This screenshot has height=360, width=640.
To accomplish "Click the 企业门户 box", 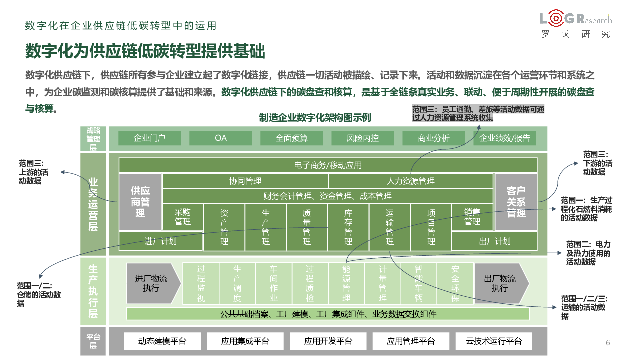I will click(x=149, y=138).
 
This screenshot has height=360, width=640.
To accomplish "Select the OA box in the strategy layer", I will click(x=220, y=138).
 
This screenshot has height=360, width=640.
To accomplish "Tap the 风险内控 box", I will click(x=363, y=138).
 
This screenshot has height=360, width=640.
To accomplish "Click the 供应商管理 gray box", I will click(x=140, y=202).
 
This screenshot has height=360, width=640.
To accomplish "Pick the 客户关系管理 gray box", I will click(x=516, y=202).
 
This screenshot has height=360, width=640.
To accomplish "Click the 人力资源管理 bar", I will click(x=411, y=181).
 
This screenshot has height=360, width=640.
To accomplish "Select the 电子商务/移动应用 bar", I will click(x=328, y=165).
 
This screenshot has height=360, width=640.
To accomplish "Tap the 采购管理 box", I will click(x=183, y=217).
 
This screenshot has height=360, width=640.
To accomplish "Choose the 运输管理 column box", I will click(x=390, y=228).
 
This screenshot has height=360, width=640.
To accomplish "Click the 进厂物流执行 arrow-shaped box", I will click(x=152, y=283).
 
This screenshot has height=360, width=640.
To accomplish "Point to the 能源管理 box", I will click(x=346, y=283).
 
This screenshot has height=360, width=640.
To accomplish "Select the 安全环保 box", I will click(x=455, y=283).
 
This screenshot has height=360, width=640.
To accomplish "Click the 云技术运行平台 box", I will click(x=493, y=341).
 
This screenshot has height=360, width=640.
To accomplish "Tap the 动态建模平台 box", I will click(x=162, y=341).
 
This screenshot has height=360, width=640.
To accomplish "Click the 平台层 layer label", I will click(x=93, y=341).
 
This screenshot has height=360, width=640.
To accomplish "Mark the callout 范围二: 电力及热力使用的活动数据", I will click(x=588, y=253).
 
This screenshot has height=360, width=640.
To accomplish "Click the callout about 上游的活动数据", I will click(x=33, y=172).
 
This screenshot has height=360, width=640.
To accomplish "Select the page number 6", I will click(x=608, y=343).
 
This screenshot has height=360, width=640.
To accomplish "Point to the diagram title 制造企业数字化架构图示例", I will click(x=315, y=118).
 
